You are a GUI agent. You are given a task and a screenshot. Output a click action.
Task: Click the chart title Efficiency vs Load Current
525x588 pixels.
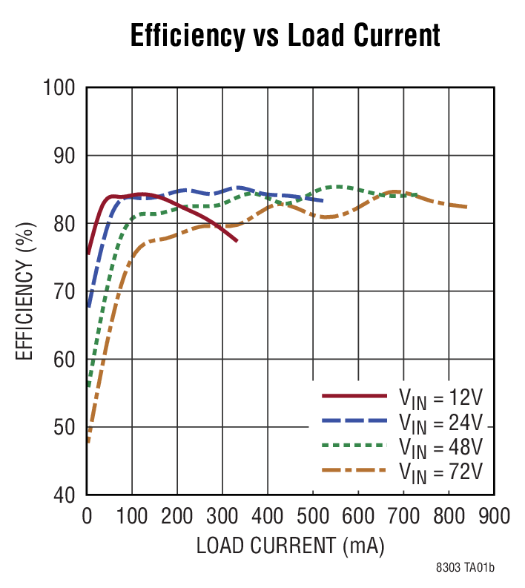click(285, 35)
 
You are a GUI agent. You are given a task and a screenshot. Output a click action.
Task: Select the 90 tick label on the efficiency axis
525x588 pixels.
click(64, 156)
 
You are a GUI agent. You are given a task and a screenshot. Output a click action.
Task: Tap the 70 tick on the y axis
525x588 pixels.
click(64, 291)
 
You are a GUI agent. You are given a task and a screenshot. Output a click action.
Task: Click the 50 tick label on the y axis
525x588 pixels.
click(64, 427)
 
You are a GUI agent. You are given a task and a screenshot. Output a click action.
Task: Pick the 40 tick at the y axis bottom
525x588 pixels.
click(64, 495)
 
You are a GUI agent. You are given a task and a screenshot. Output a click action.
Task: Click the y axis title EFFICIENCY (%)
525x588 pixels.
click(25, 291)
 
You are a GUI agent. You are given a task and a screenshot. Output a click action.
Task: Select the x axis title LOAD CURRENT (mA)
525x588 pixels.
click(290, 546)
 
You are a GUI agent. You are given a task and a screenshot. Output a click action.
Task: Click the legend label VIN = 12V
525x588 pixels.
click(440, 397)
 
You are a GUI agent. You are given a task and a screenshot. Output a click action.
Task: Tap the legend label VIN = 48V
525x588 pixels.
click(440, 446)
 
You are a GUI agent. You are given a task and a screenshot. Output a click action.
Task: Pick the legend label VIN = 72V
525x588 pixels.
click(440, 471)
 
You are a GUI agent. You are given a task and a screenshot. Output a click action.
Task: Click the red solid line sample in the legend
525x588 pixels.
click(354, 396)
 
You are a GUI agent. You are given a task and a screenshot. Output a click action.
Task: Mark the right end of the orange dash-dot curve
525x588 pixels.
click(466, 207)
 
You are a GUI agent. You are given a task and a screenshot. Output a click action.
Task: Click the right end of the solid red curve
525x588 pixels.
click(237, 241)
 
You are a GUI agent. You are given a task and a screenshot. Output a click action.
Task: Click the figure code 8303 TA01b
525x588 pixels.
click(465, 569)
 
